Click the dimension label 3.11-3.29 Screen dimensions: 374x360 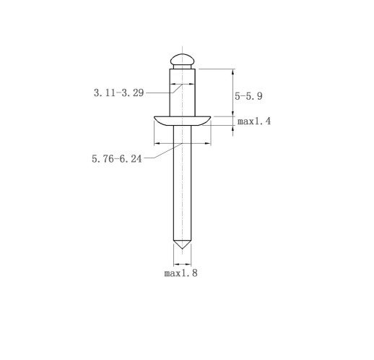tap(118, 93)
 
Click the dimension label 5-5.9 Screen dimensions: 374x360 tap(248, 96)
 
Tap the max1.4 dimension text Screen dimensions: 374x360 tap(254, 121)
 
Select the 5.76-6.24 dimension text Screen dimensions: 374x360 tap(117, 159)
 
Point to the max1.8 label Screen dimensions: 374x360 tap(181, 273)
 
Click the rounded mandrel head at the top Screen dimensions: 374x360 tap(182, 59)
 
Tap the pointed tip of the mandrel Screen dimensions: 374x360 tap(182, 249)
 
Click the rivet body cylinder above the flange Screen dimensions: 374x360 tap(183, 93)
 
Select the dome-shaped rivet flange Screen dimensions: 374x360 tap(182, 121)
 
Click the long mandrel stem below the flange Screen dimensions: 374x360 tap(182, 183)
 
